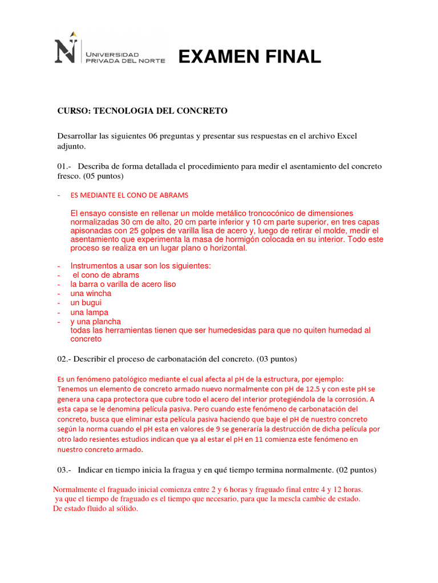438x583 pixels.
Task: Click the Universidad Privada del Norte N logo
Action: click(66, 51)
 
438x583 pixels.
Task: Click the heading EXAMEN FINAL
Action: click(250, 57)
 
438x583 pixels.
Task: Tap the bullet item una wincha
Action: click(91, 294)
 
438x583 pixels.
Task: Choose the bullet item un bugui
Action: click(86, 303)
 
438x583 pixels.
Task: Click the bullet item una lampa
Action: click(89, 313)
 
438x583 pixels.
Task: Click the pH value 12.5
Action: click(310, 389)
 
